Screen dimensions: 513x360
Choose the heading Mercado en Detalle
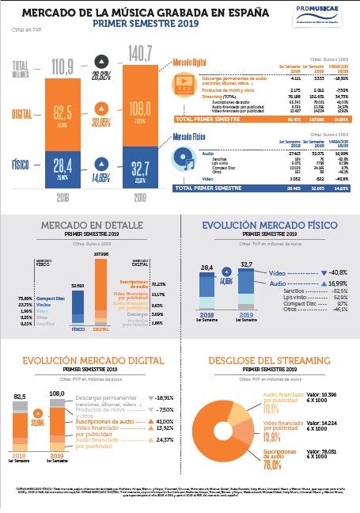pyautogui.click(x=89, y=225)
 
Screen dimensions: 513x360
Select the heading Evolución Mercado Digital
pyautogui.click(x=89, y=360)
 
